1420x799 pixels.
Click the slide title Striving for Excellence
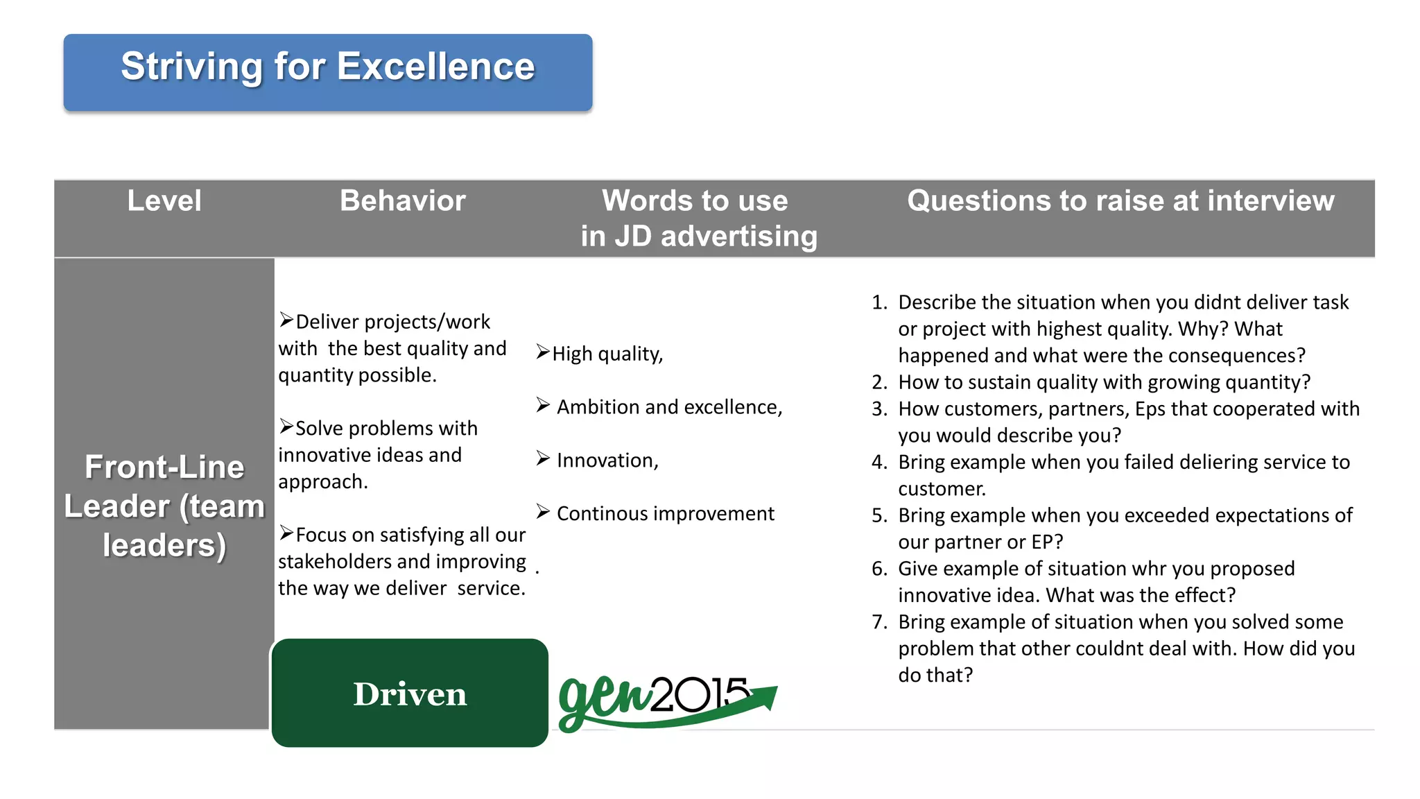tap(327, 67)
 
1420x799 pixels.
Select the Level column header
tap(164, 201)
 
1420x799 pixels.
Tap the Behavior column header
tap(402, 201)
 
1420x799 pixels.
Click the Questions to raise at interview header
tap(1120, 201)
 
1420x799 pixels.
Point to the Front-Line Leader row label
tap(164, 506)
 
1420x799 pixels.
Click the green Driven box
tap(410, 693)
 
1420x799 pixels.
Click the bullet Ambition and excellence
tap(668, 407)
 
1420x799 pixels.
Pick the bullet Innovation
tap(607, 461)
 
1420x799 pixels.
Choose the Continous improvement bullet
tap(664, 514)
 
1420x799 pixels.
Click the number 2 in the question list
tap(879, 383)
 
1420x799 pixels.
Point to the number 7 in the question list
tap(879, 622)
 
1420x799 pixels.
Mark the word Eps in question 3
tap(1150, 409)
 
